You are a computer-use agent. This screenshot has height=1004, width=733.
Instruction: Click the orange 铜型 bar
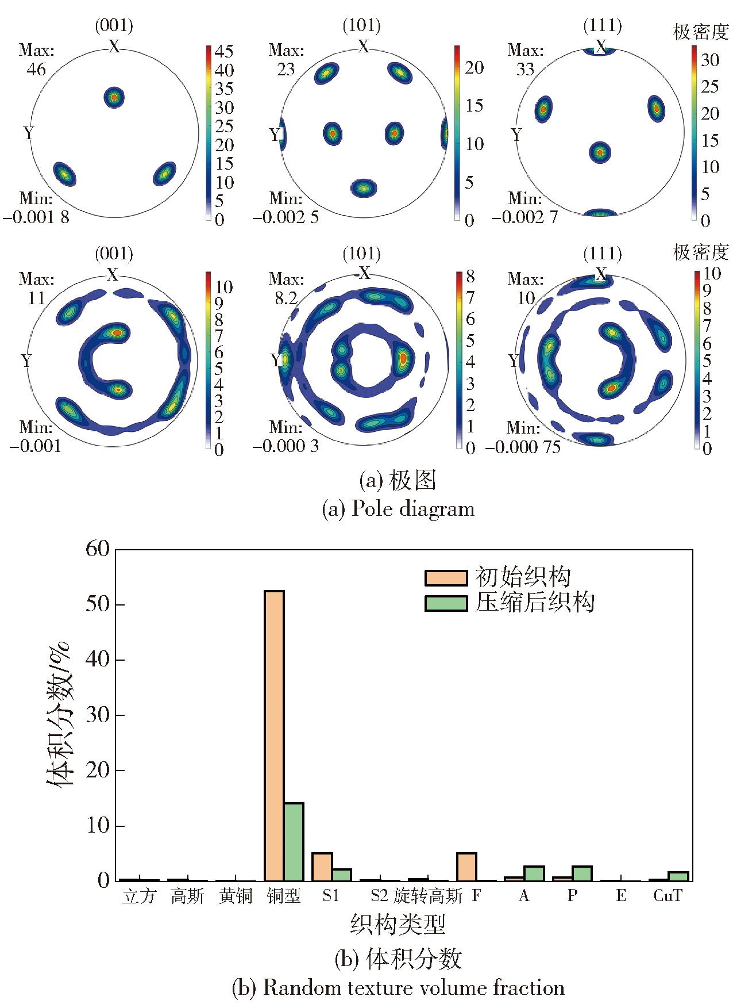pyautogui.click(x=274, y=736)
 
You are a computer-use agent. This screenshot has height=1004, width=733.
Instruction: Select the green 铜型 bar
pyautogui.click(x=294, y=842)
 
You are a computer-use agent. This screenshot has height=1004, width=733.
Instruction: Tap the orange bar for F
pyautogui.click(x=466, y=867)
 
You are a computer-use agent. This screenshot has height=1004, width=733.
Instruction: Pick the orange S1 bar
pyautogui.click(x=322, y=867)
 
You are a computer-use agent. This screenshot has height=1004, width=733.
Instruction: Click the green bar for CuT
pyautogui.click(x=678, y=877)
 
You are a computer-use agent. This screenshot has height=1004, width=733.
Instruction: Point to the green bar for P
pyautogui.click(x=582, y=874)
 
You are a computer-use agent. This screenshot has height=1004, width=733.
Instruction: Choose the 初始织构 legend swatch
pyautogui.click(x=446, y=578)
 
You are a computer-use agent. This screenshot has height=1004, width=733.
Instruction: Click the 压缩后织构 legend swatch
pyautogui.click(x=446, y=603)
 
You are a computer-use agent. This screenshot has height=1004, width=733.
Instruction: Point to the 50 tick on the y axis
pyautogui.click(x=97, y=604)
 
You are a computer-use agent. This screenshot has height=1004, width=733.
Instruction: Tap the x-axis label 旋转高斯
pyautogui.click(x=428, y=896)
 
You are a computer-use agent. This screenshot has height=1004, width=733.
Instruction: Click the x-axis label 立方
pyautogui.click(x=139, y=896)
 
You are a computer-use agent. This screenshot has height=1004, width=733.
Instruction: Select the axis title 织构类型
pyautogui.click(x=398, y=924)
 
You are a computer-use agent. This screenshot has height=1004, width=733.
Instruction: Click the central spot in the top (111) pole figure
pyautogui.click(x=600, y=152)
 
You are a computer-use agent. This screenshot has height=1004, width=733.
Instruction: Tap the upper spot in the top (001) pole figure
pyautogui.click(x=114, y=97)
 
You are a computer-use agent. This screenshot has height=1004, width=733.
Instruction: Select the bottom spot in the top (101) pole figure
pyautogui.click(x=363, y=187)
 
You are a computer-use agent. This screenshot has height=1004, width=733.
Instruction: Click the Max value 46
pyautogui.click(x=36, y=70)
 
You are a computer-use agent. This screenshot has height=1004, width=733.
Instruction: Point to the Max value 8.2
pyautogui.click(x=286, y=298)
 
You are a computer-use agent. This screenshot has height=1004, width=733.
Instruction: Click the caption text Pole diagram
pyautogui.click(x=413, y=509)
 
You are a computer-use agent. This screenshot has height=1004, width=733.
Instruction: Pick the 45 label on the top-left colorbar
pyautogui.click(x=224, y=51)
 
